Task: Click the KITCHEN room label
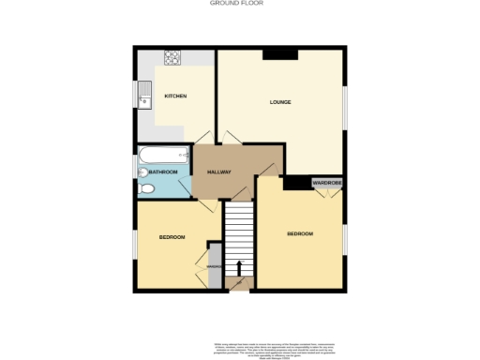[x=175, y=97]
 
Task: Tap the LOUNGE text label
[x=279, y=101]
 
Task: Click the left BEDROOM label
[x=172, y=237]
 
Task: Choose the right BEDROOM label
[x=300, y=233]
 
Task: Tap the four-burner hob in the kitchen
[x=173, y=58]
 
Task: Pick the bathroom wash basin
[x=142, y=172]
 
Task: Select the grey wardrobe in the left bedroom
[x=214, y=265]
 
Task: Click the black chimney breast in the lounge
[x=279, y=53]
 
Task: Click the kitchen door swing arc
[x=199, y=136]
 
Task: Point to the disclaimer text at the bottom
[x=239, y=346]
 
